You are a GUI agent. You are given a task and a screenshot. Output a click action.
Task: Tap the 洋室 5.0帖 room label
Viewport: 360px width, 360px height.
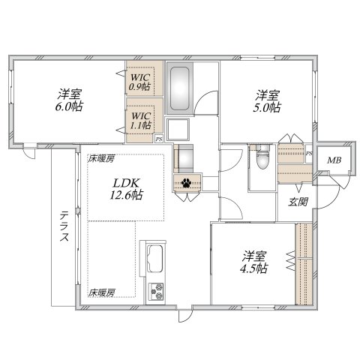[266, 100]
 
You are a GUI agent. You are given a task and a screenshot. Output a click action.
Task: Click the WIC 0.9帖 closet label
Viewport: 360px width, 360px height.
[139, 81]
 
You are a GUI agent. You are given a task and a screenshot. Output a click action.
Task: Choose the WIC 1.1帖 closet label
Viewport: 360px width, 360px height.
[140, 121]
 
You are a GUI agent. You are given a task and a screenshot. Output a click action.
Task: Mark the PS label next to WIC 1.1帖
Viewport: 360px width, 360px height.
[158, 138]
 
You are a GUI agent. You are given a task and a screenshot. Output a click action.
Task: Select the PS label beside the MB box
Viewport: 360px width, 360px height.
[309, 153]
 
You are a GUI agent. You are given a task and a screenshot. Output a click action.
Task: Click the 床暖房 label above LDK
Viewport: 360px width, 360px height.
[100, 158]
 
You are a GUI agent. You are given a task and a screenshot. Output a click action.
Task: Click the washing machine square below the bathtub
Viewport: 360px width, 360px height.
[178, 129]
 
